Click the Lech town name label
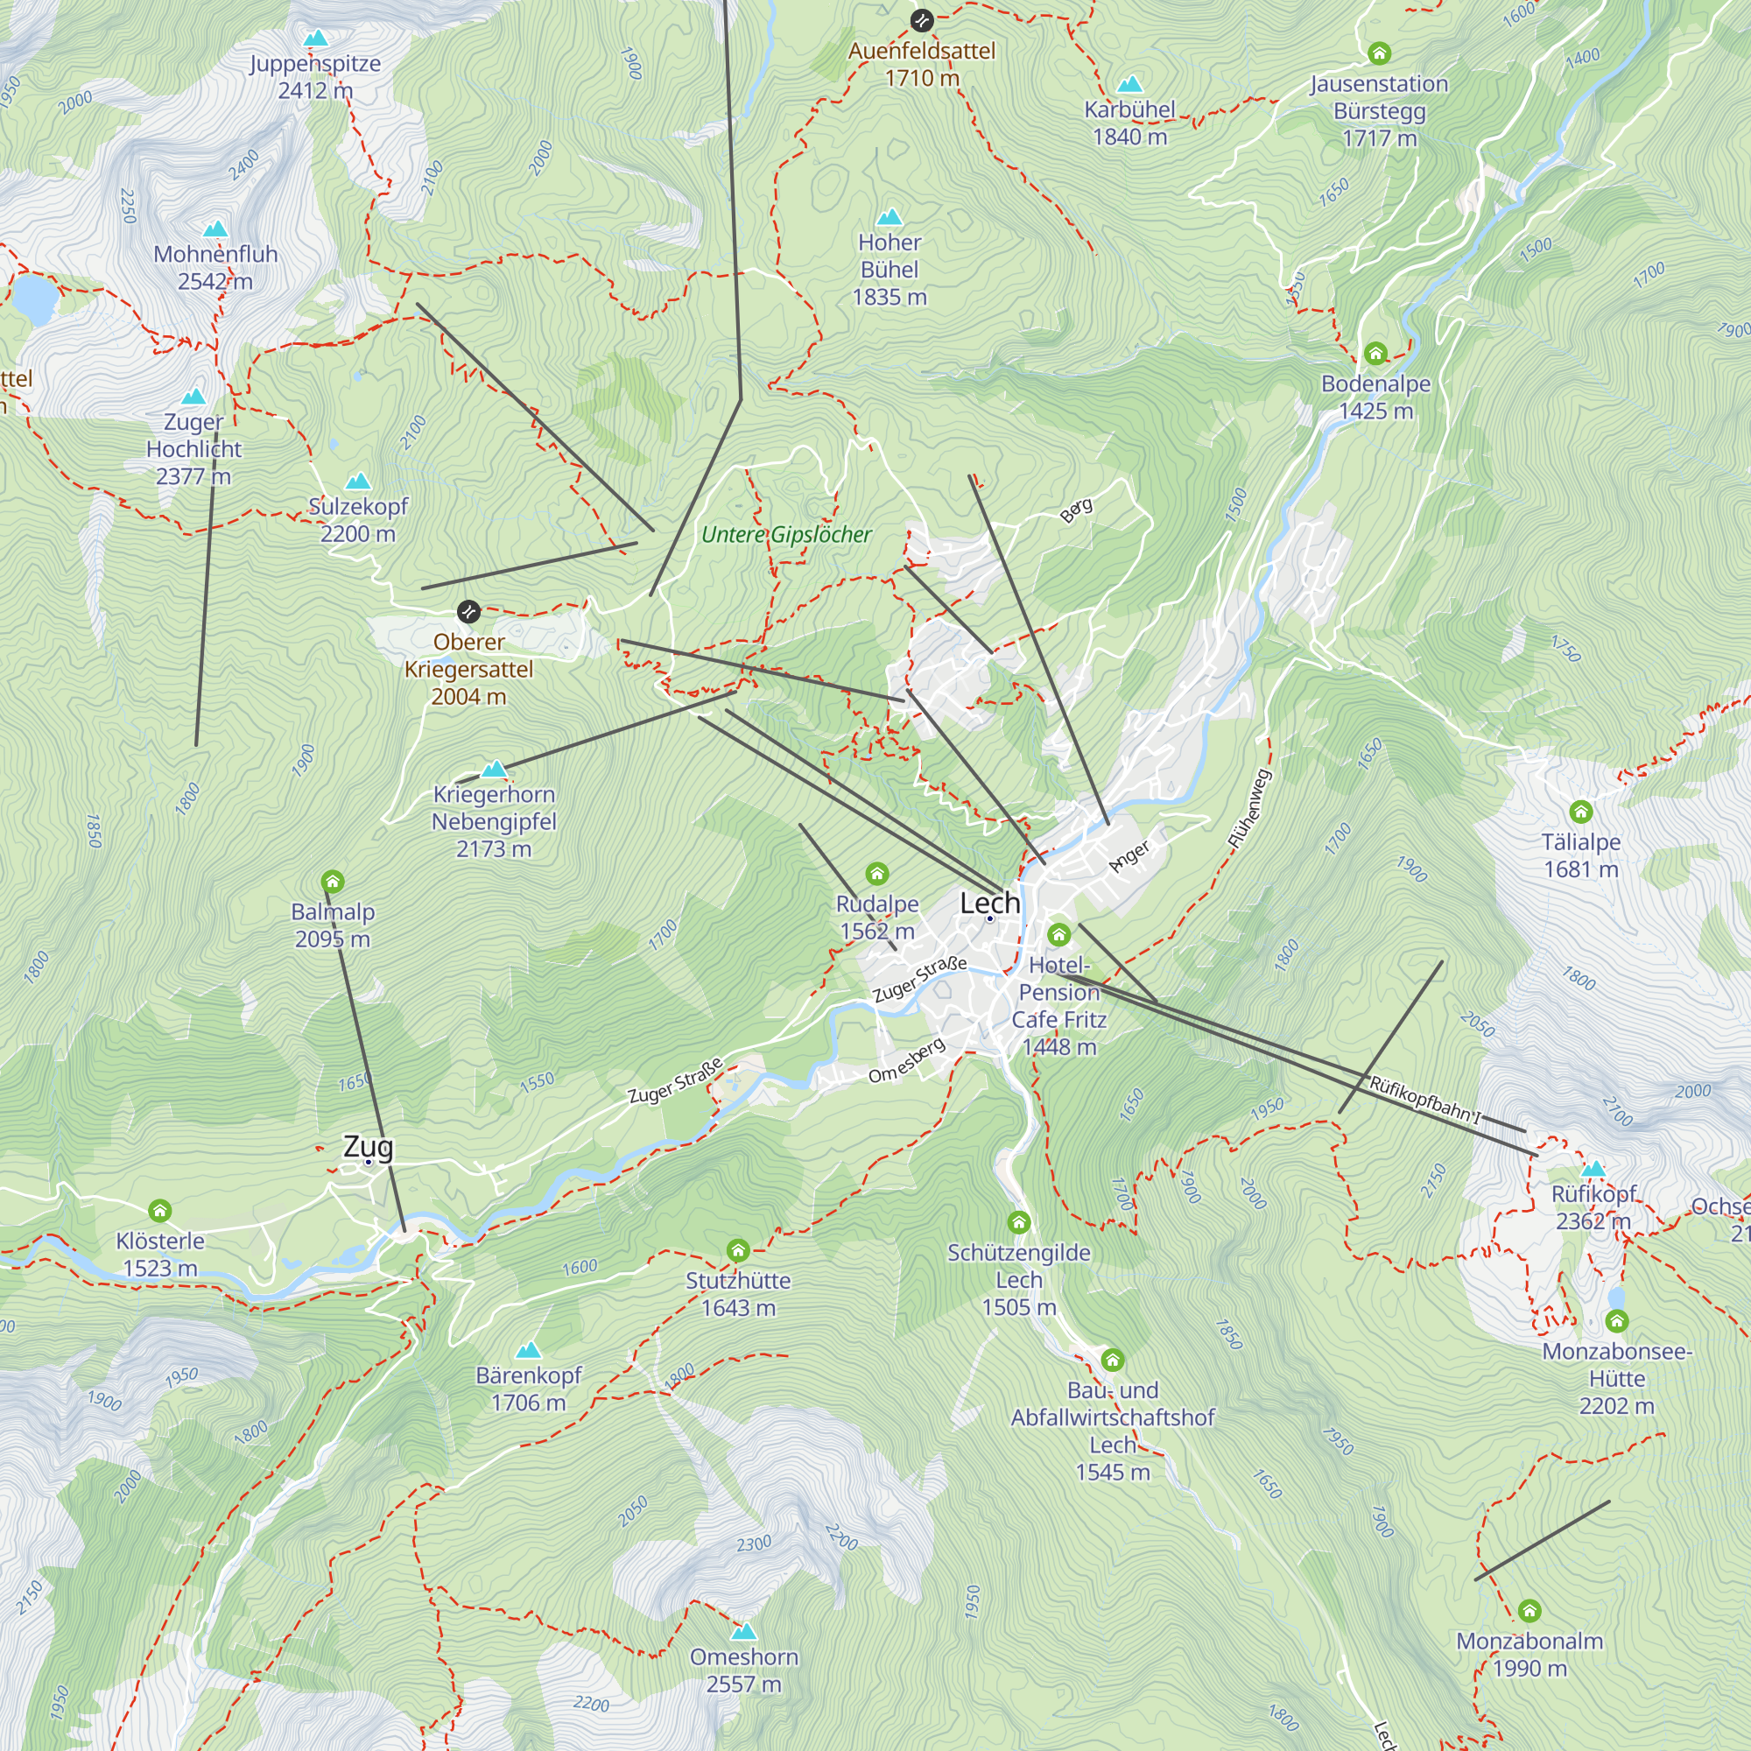click(989, 904)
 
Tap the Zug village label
click(368, 1148)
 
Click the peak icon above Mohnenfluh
click(214, 229)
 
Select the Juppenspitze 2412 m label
click(315, 77)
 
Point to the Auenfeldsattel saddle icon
click(922, 20)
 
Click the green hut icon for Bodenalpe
click(1375, 354)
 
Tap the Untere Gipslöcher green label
click(786, 535)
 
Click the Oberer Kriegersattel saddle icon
click(468, 612)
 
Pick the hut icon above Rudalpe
click(876, 874)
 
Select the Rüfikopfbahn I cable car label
click(1424, 1101)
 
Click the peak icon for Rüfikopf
click(1593, 1169)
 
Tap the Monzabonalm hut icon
click(1529, 1611)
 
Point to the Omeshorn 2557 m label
click(744, 1670)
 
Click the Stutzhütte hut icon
click(738, 1252)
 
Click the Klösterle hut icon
click(159, 1211)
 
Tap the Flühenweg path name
click(1251, 809)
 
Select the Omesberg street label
click(906, 1061)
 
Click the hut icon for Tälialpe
click(1580, 812)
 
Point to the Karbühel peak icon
click(1129, 85)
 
